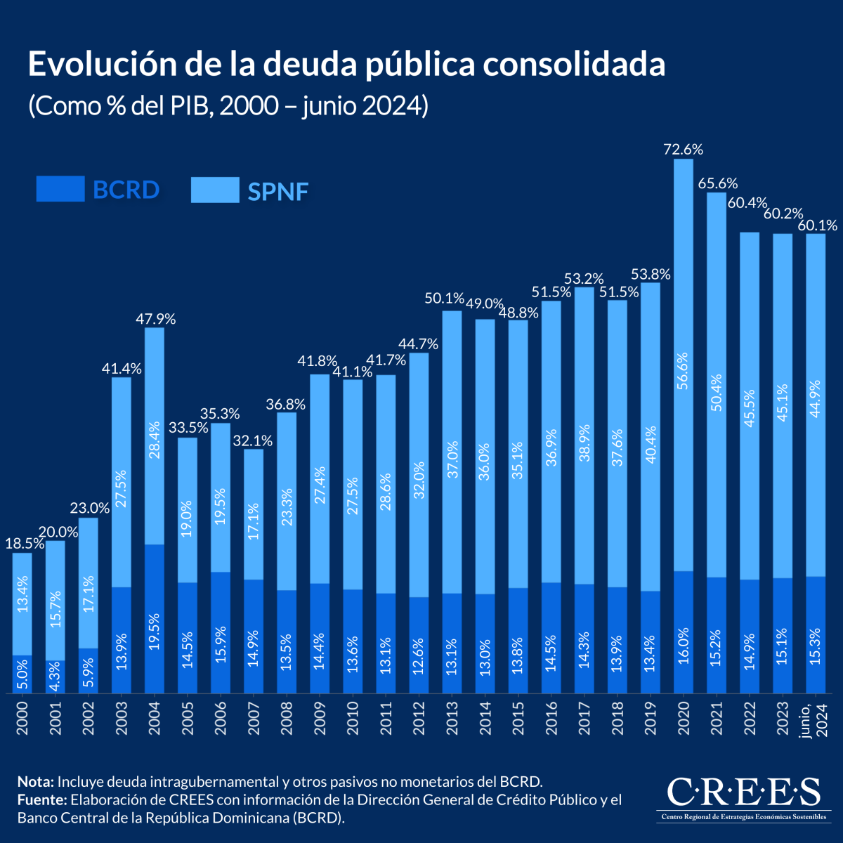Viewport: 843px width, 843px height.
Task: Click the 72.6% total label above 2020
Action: [x=683, y=149]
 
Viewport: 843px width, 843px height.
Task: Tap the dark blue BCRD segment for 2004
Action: [x=155, y=618]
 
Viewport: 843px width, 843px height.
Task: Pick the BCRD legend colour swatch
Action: [x=60, y=189]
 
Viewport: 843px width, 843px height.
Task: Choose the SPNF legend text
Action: [x=278, y=191]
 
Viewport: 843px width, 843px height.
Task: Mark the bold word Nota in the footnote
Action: [x=35, y=782]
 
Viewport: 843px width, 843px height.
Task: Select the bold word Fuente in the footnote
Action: [x=41, y=800]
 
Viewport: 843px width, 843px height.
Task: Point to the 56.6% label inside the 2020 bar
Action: [x=684, y=371]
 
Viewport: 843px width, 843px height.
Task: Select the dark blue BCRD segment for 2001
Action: [x=55, y=677]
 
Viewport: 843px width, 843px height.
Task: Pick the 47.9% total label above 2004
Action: [x=155, y=319]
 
